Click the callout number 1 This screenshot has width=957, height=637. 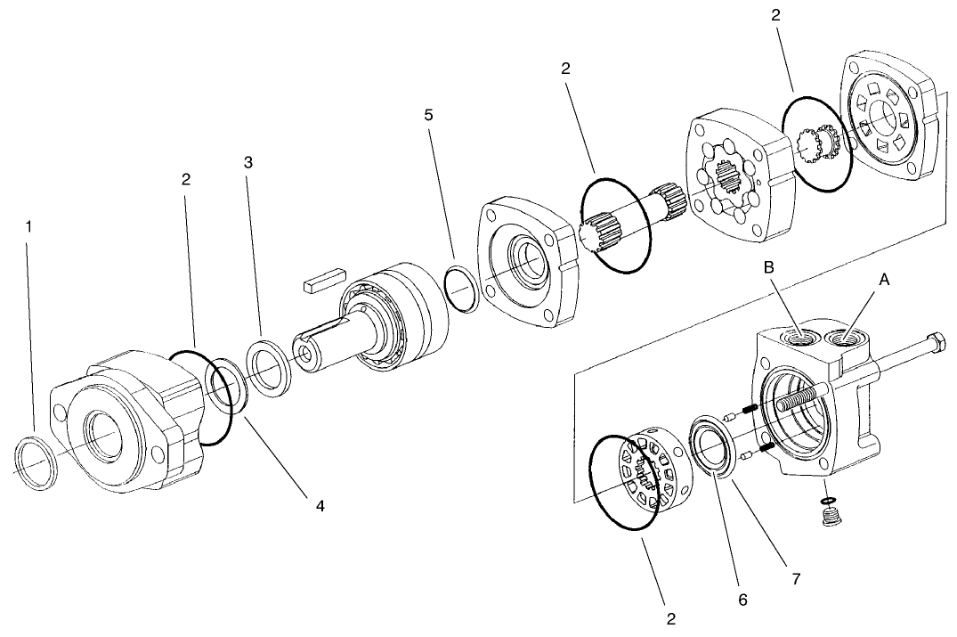point(28,226)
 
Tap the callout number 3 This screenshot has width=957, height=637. point(248,162)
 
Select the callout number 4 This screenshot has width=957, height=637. point(319,506)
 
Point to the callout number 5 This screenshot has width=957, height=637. point(429,115)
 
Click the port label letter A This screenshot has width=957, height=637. point(884,279)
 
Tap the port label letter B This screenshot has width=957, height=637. point(771,266)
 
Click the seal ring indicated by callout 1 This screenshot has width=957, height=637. point(36,462)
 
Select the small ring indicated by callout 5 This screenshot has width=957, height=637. point(461,290)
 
